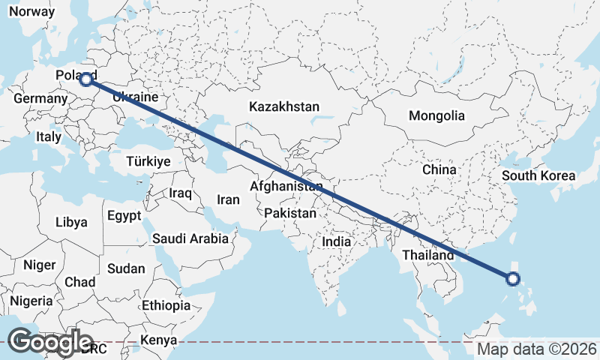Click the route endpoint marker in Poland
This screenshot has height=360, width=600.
pos(86,79)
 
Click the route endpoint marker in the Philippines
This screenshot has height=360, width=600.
pos(513,280)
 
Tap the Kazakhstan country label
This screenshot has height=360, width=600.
pos(285,106)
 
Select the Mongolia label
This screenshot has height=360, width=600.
pos(436,116)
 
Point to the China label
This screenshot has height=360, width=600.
pos(439,169)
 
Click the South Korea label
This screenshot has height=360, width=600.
pos(538,176)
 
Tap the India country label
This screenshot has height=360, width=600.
pos(337,241)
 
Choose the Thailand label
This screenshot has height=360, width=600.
pos(427,255)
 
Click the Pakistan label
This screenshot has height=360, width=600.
pos(290,213)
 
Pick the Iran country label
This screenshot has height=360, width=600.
pos(228,199)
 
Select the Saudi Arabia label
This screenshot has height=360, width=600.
pos(190,238)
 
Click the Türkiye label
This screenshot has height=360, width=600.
pos(148,161)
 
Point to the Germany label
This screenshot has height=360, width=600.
pos(40,99)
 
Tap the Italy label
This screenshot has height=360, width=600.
pos(49,137)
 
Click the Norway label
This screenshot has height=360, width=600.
pos(31,12)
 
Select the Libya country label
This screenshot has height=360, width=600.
pos(72,222)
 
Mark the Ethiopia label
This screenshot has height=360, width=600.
pos(166,305)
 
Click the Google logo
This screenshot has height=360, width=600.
pos(50,342)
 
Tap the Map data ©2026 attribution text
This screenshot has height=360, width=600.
pos(537,349)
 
